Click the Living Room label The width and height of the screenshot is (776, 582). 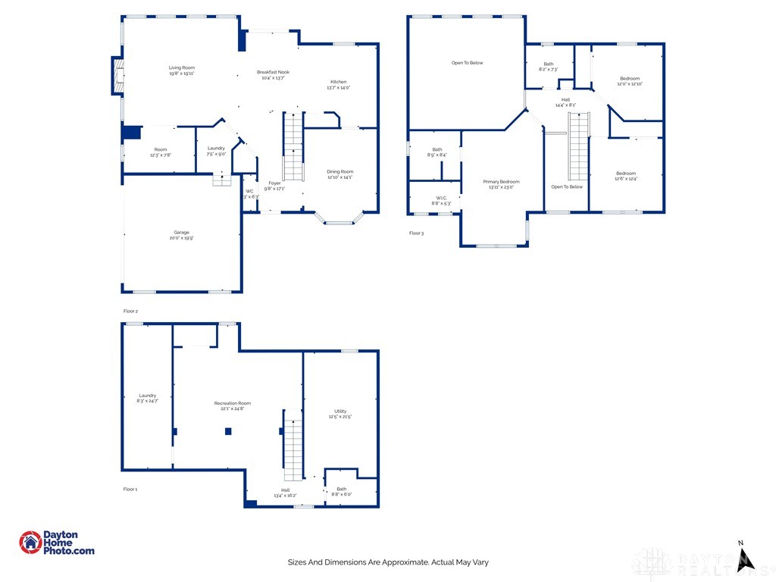tap(182, 70)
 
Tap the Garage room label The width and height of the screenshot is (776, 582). tap(181, 235)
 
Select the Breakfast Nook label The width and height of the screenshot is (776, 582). tap(273, 75)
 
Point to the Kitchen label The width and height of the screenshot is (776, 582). tap(338, 84)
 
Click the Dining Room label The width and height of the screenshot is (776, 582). tap(340, 174)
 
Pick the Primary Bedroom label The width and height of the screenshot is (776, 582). tap(502, 184)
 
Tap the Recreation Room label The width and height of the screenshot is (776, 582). tap(233, 406)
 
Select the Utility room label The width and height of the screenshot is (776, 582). tap(340, 414)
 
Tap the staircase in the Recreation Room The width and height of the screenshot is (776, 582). tap(293, 445)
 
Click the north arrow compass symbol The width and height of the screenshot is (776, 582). tap(746, 555)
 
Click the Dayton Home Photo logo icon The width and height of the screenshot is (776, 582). tap(30, 543)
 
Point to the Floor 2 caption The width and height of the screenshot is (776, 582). tap(130, 311)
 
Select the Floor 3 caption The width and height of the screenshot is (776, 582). tap(416, 233)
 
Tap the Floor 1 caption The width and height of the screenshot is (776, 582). tap(130, 490)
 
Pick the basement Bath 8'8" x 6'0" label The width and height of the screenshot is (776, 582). tap(342, 492)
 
